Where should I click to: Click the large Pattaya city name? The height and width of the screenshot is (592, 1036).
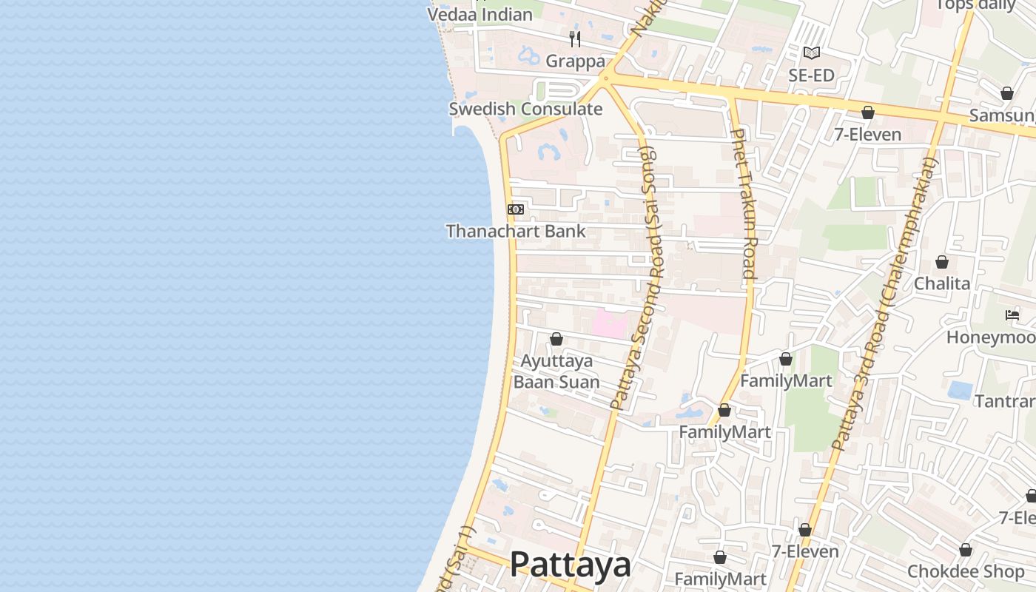[570, 565]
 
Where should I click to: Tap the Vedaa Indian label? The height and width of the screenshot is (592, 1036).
[480, 14]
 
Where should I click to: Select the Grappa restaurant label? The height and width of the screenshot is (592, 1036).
[575, 61]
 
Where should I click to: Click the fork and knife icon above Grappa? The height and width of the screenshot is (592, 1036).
[575, 38]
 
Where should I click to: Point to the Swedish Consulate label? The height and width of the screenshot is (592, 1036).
[525, 110]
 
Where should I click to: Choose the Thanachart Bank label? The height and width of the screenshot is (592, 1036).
[515, 232]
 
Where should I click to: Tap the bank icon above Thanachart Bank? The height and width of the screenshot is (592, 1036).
[516, 209]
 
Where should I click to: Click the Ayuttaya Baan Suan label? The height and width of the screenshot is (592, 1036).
[556, 371]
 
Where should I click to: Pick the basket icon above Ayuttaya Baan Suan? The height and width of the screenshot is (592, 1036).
[556, 339]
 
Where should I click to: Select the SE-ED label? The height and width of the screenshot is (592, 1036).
[811, 75]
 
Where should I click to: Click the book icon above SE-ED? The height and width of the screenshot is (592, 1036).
[812, 53]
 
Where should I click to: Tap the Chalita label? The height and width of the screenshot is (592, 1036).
[941, 283]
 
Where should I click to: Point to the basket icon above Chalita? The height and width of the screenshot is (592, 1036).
[942, 262]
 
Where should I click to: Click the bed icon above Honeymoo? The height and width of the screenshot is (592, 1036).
[1012, 315]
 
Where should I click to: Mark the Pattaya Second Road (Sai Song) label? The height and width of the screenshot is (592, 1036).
[642, 277]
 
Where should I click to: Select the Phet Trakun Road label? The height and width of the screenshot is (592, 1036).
[743, 203]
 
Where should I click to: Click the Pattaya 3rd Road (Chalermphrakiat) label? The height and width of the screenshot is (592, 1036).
[884, 303]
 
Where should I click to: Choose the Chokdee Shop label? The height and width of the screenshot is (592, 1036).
[966, 572]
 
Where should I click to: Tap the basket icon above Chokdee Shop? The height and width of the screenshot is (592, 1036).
[966, 550]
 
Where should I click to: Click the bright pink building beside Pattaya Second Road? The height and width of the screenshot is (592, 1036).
[610, 324]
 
